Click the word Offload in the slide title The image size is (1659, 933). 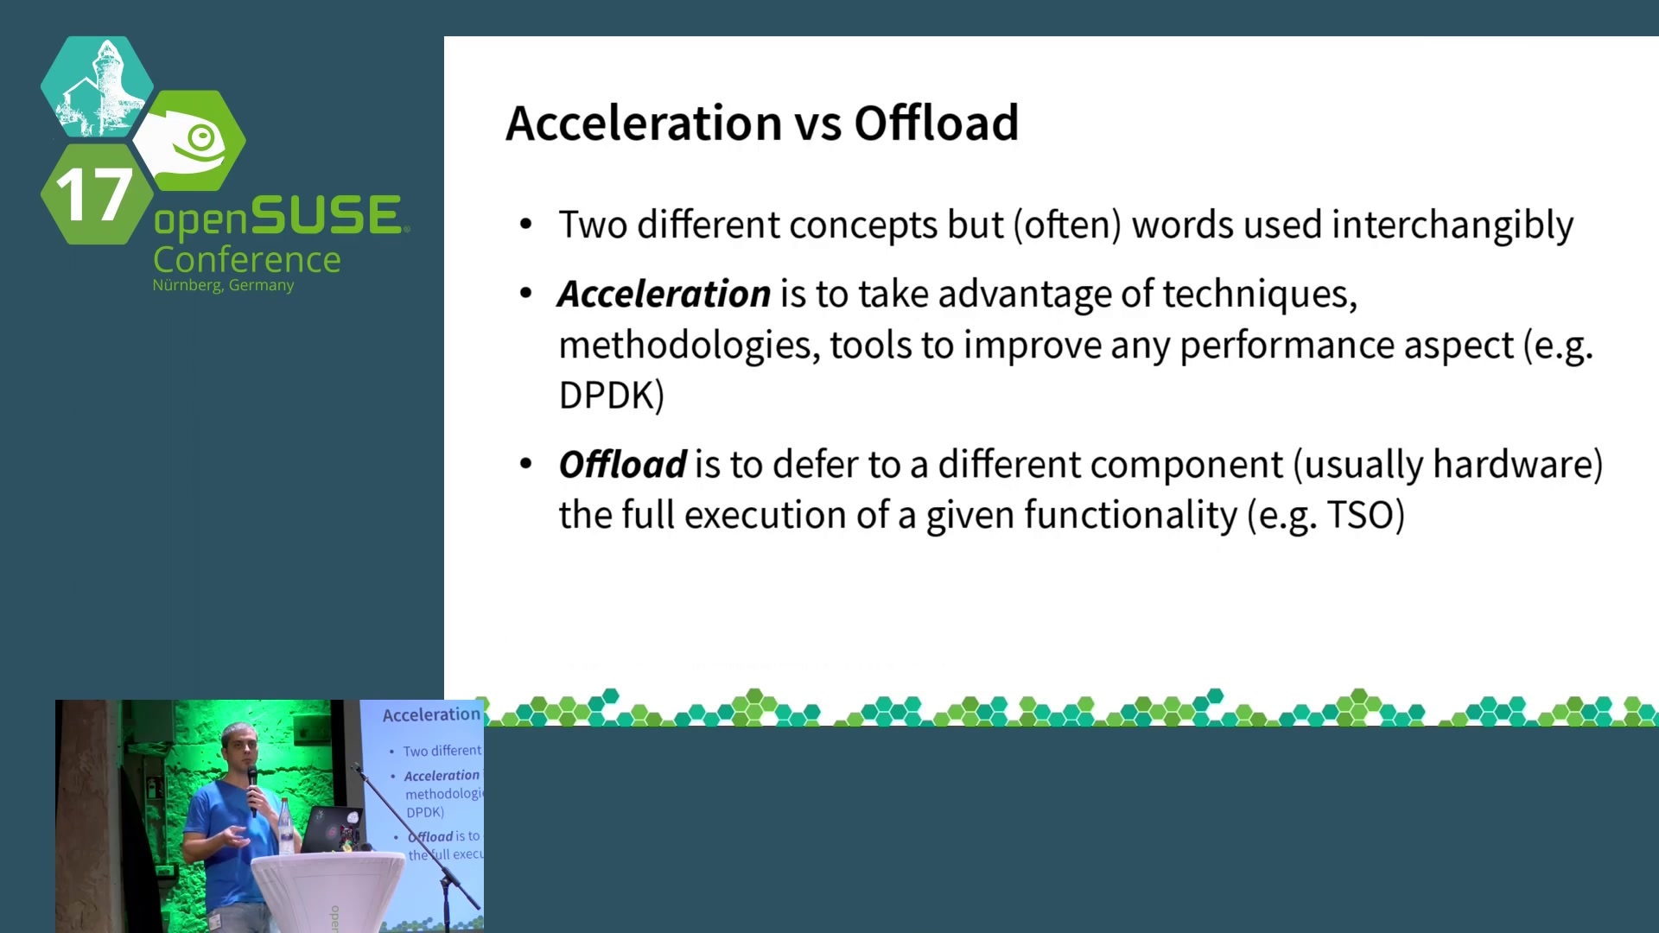(x=937, y=123)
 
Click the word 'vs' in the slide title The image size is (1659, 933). (x=818, y=124)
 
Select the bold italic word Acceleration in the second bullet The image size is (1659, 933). (x=664, y=294)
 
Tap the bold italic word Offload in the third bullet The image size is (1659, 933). (x=623, y=464)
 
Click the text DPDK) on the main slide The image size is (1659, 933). (x=612, y=396)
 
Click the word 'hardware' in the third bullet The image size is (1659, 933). (x=1512, y=464)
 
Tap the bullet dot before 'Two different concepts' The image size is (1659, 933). (x=526, y=225)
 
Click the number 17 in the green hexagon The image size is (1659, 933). (x=94, y=194)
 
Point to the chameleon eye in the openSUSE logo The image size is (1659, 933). (x=201, y=136)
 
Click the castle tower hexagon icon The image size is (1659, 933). (x=97, y=86)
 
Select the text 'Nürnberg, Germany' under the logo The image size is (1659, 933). (x=223, y=285)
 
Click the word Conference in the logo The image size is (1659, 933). (x=247, y=259)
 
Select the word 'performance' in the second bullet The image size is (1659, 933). (x=1347, y=346)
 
